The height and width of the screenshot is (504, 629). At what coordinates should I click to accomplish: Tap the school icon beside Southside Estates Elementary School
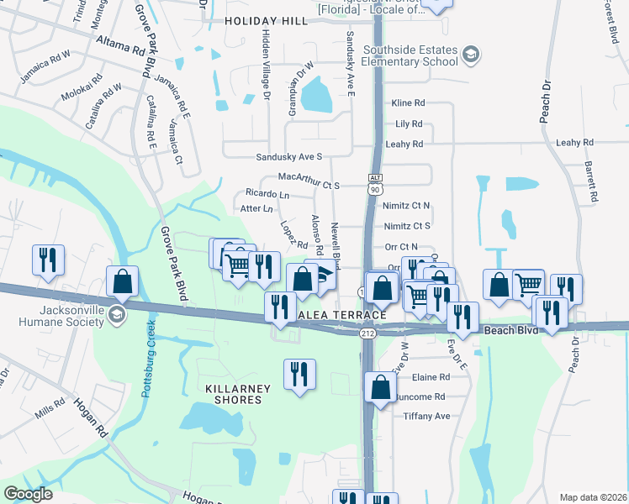[x=472, y=55]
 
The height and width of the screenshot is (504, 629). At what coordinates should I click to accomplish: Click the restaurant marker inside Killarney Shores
[x=300, y=375]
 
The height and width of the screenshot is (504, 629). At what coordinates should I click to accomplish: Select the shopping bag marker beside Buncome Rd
[x=381, y=388]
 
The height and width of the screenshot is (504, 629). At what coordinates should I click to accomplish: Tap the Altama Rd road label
[x=119, y=45]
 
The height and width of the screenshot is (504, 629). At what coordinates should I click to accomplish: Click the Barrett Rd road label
[x=593, y=183]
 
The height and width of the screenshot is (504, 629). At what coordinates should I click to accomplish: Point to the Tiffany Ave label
[x=426, y=416]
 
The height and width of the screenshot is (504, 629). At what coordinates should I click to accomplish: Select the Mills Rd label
[x=50, y=410]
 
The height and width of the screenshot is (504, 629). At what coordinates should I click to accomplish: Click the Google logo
[x=28, y=495]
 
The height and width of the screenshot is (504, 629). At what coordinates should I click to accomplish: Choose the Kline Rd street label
[x=409, y=103]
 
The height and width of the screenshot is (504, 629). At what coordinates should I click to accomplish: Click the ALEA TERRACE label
[x=342, y=315]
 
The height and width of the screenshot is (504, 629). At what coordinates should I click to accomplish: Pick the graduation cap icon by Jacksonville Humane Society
[x=117, y=313]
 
